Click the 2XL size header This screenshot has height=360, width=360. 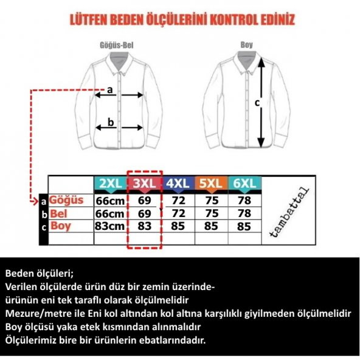(x=110, y=184)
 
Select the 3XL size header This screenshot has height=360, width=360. (x=144, y=184)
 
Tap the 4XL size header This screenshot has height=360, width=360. (x=178, y=184)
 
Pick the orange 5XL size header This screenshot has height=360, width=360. (x=211, y=184)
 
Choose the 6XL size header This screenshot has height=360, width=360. (x=244, y=184)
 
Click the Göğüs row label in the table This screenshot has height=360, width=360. (x=66, y=200)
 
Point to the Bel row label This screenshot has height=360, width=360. (x=59, y=213)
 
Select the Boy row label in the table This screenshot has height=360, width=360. (x=61, y=226)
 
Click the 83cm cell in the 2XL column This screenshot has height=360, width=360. (x=109, y=227)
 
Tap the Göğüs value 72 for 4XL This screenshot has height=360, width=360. (x=178, y=200)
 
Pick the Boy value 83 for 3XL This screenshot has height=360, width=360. (x=144, y=227)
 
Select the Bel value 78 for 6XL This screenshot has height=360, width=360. (x=244, y=213)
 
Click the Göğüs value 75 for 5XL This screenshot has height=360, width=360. (x=211, y=200)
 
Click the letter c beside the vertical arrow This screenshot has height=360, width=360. (x=257, y=103)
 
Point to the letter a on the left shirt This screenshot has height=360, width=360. (x=110, y=90)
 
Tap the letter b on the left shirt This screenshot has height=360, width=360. (x=111, y=122)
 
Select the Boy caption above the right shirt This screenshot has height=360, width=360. (x=246, y=45)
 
